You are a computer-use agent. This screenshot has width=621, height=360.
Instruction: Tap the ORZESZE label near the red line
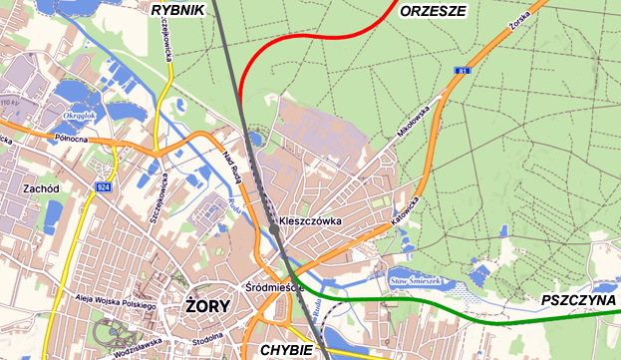pos(433,12)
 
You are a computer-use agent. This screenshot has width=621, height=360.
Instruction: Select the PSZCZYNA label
pos(577,300)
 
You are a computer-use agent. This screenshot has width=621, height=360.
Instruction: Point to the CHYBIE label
pos(286,350)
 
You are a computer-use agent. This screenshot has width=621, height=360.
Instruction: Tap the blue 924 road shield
pos(104,186)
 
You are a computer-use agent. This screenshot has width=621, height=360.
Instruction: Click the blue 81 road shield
pos(463,71)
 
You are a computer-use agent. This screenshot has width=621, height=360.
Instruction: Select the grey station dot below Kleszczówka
pos(275,231)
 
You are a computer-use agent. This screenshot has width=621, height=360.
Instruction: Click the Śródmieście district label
pos(273,287)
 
